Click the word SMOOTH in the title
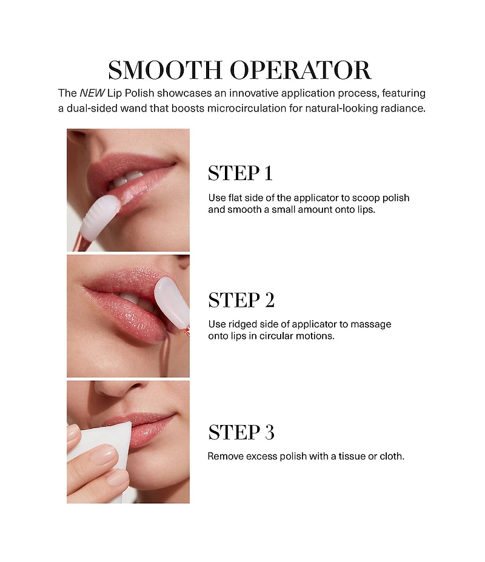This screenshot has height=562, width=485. [x=165, y=70]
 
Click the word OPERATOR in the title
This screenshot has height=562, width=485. [x=300, y=70]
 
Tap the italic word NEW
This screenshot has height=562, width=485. [x=92, y=93]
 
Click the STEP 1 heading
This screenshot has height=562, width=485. [x=240, y=173]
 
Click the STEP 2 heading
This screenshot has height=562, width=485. [x=241, y=300]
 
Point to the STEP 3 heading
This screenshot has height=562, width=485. [x=241, y=432]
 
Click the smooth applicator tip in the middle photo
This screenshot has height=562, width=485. [x=172, y=301]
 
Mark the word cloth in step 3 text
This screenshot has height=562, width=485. [x=392, y=457]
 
